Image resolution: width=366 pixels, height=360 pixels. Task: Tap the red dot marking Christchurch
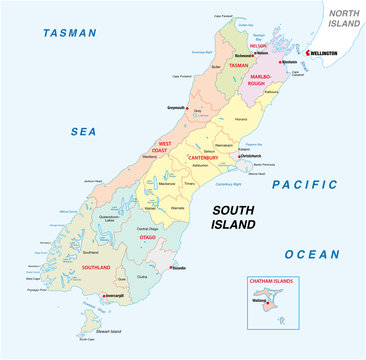tap(234, 157)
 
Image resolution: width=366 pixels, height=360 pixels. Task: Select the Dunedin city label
tap(180, 268)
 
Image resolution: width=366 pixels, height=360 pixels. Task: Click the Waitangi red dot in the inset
tap(262, 300)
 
